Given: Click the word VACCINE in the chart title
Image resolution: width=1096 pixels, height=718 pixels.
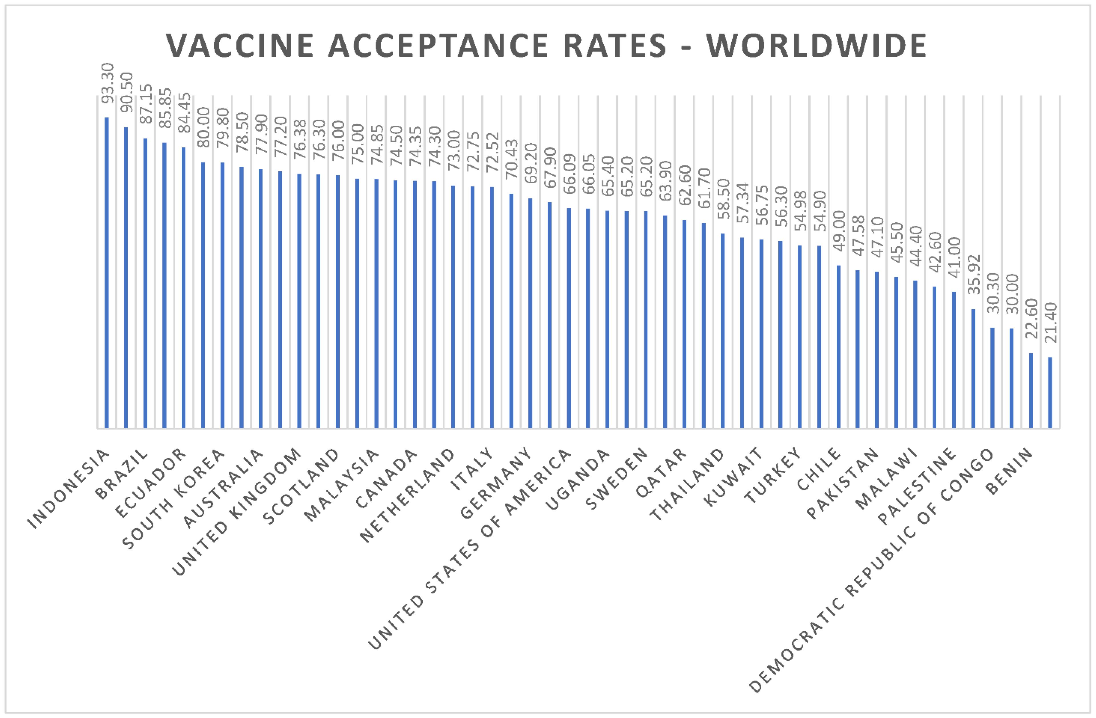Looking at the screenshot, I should click(x=239, y=46).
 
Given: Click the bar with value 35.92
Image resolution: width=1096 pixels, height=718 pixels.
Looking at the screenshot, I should click(x=973, y=368).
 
